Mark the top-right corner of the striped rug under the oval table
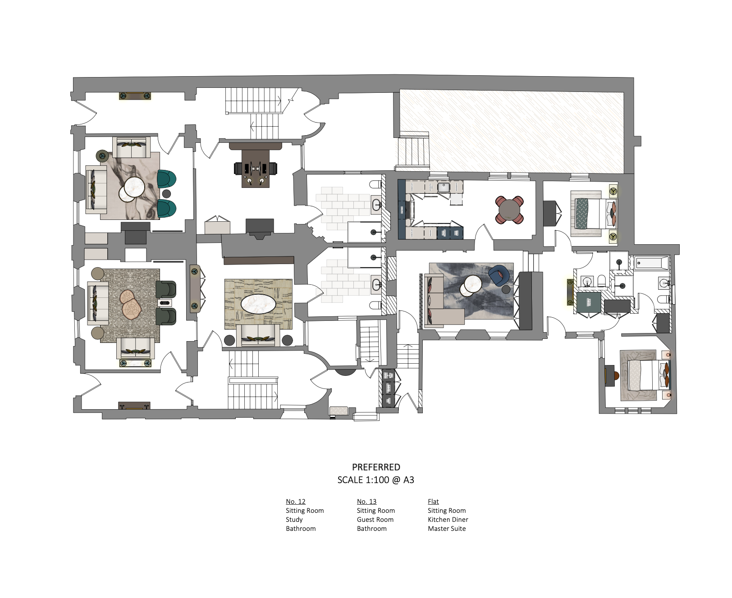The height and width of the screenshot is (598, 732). point(293,279)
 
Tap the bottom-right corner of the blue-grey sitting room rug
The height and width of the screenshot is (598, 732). point(514,319)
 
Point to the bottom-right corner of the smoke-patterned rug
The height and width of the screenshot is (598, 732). point(160,219)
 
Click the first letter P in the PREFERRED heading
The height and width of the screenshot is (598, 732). point(355,467)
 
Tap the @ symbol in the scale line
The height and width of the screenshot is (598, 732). point(396,480)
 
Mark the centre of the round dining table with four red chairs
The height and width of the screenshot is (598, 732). point(509,210)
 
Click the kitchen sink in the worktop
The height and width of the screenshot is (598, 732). point(444,187)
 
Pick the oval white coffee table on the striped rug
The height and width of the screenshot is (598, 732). point(258,304)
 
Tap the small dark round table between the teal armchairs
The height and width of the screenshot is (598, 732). point(166,194)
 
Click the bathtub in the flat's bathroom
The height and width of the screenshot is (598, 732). point(652,263)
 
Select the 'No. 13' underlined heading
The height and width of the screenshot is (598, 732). point(366,502)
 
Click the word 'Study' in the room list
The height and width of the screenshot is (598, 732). point(294,520)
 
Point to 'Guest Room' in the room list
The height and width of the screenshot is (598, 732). point(375,520)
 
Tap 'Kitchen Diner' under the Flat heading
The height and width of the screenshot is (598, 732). point(448,520)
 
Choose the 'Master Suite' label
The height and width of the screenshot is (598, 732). point(447,529)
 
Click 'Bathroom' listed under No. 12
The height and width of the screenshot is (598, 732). point(301,529)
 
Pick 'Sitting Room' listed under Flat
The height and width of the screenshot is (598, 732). point(447,511)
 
